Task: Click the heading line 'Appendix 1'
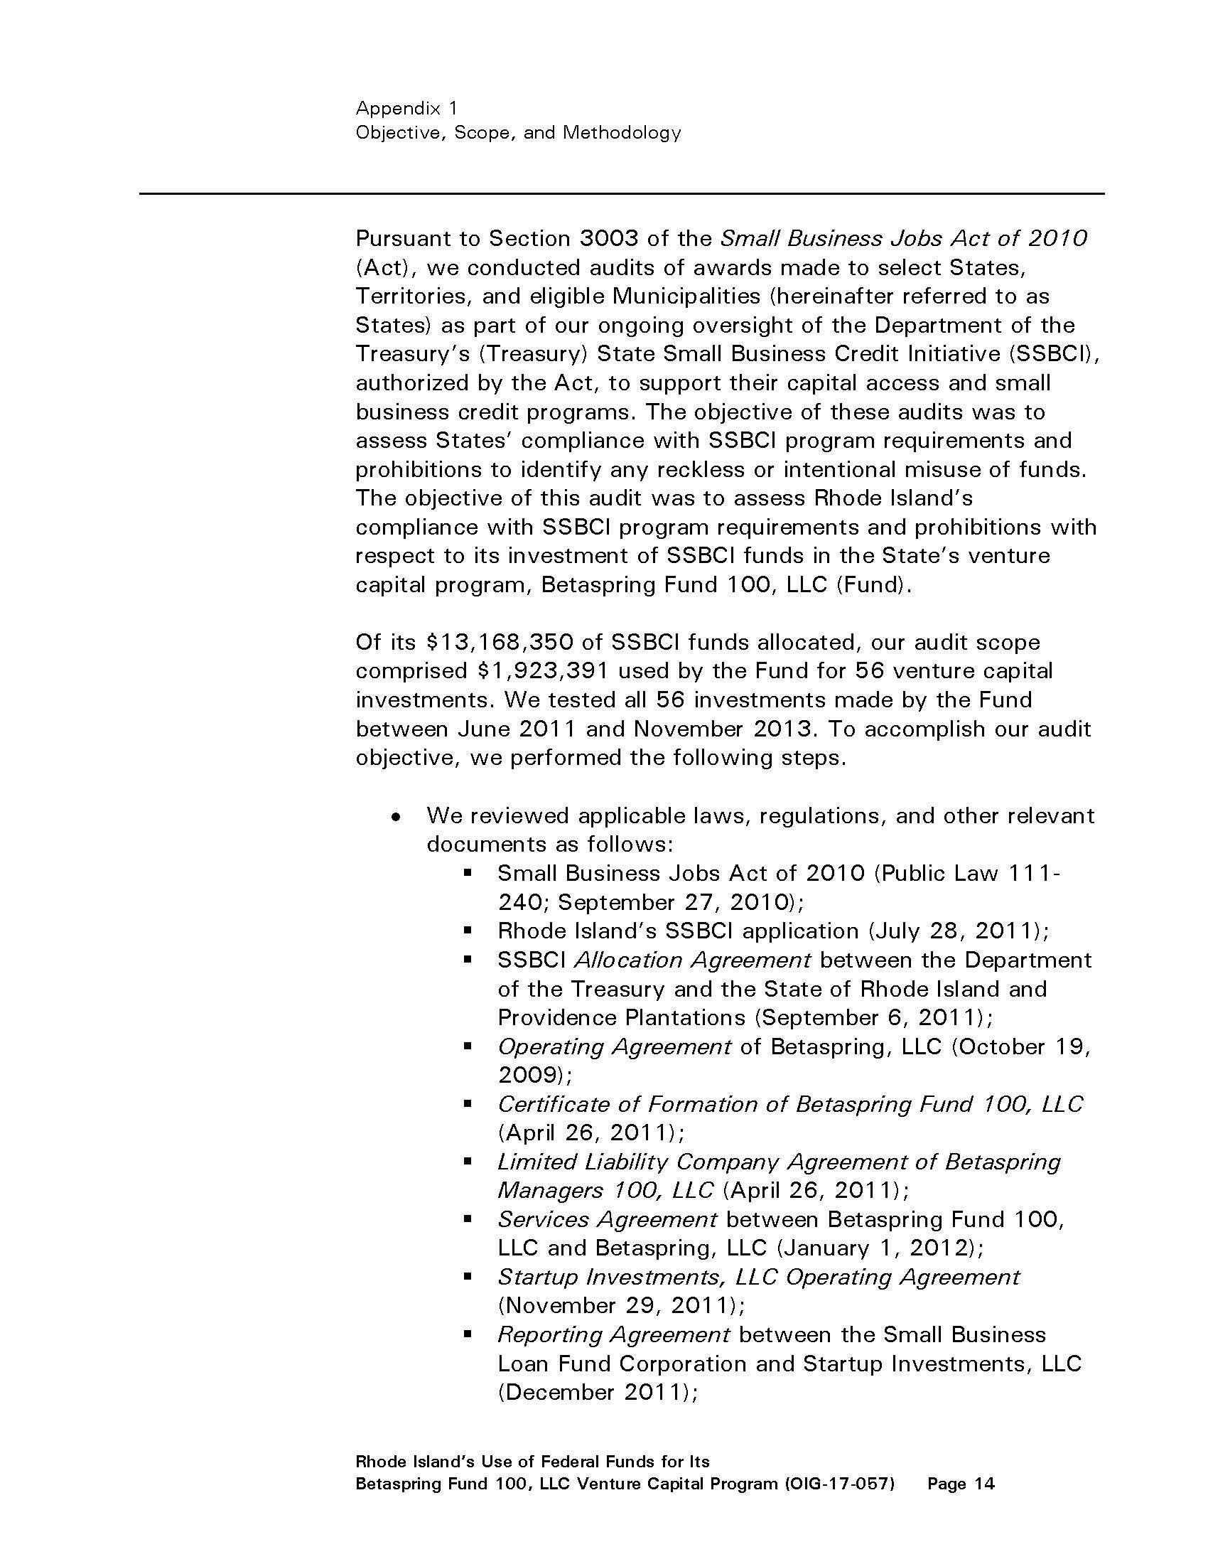tap(406, 109)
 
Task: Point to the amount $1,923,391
tap(541, 671)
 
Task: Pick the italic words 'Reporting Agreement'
tap(613, 1335)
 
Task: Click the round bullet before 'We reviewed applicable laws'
tap(396, 817)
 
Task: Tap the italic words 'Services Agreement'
tap(607, 1218)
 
